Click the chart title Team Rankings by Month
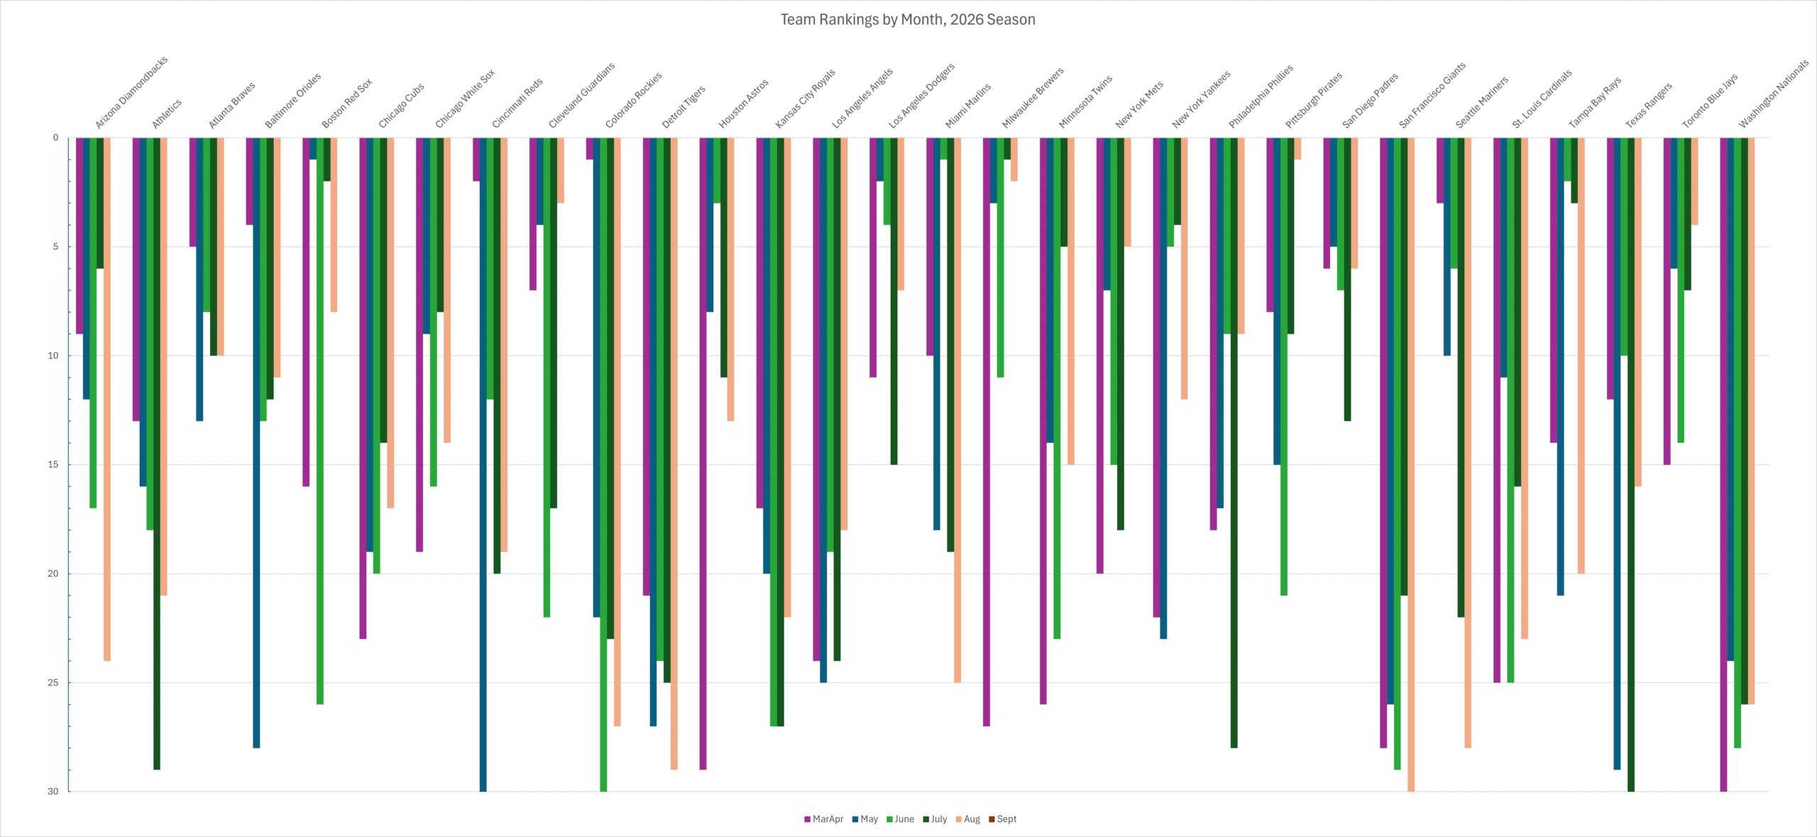coord(908,20)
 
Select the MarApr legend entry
coord(823,819)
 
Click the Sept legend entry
coord(1002,819)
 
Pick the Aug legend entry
coord(967,819)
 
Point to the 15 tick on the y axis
coord(53,465)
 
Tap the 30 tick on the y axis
coord(53,792)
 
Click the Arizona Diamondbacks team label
coord(131,92)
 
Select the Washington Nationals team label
coord(1774,94)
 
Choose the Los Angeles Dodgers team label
coord(921,96)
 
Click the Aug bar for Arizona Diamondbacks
coord(107,399)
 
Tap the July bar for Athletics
coord(157,454)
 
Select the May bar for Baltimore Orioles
coord(256,442)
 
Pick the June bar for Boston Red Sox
coord(320,421)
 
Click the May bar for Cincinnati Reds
coord(483,464)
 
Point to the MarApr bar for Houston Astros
coord(703,454)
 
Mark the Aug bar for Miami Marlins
coord(957,410)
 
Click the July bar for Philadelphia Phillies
coord(1234,442)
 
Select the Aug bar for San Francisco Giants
coord(1411,464)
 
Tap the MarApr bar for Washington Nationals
coord(1723,464)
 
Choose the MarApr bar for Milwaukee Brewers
coord(987,432)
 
